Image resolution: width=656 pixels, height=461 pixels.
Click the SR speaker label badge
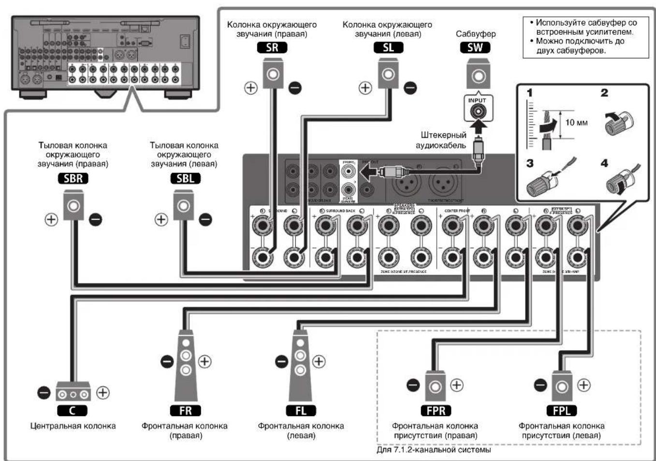[272, 47]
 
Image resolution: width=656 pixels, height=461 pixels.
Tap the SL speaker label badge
[388, 47]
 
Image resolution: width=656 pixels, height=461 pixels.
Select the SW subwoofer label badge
[475, 47]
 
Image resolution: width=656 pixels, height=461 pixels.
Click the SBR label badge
[73, 178]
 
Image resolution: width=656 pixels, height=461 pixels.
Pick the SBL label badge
[185, 178]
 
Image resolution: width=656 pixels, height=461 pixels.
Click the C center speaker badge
[73, 411]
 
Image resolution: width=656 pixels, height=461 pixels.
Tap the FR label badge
[185, 411]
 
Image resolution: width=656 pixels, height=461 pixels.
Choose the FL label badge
[300, 411]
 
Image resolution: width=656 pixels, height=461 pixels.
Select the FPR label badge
[436, 411]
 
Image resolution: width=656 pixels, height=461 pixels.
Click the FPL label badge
[561, 411]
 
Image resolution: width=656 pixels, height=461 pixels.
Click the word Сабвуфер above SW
[475, 34]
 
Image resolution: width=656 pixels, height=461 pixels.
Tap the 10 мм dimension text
[576, 123]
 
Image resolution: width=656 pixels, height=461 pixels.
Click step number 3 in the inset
[530, 163]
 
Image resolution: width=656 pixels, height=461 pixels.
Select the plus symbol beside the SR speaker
[250, 88]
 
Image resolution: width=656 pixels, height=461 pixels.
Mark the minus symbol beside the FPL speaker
[540, 385]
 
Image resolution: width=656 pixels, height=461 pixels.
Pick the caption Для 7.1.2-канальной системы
[434, 450]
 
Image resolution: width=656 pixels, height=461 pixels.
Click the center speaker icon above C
[73, 392]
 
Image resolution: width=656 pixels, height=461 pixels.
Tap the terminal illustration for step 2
[618, 121]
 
